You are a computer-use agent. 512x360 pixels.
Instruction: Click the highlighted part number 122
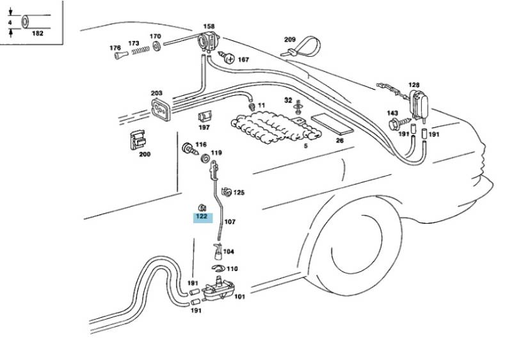coord(202,217)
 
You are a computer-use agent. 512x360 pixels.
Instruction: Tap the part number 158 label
coord(209,26)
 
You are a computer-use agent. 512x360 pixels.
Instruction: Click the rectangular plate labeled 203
coord(161,109)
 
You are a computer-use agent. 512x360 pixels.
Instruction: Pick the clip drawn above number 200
coord(137,140)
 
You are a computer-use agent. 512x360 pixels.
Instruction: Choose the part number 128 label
coord(414,85)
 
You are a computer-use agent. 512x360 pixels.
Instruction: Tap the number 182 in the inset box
coord(37,33)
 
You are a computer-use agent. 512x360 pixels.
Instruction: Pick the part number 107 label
coord(230,222)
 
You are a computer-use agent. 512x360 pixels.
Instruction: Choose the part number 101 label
coord(239,297)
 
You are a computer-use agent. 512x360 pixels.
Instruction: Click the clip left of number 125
coord(225,191)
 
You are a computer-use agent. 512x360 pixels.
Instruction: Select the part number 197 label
coord(204,128)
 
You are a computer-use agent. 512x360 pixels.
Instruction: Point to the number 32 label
coord(288,100)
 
